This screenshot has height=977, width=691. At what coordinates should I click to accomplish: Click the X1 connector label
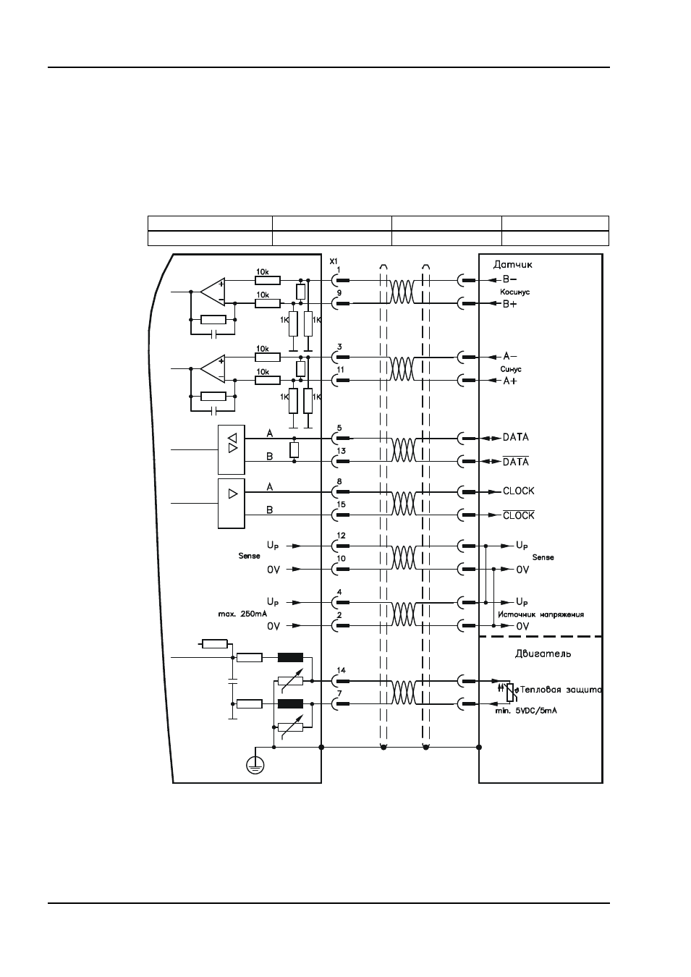(333, 261)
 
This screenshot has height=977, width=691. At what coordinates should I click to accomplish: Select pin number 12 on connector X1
(342, 536)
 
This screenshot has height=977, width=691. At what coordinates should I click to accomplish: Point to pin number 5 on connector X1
(339, 428)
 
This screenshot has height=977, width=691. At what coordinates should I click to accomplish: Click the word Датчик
(513, 265)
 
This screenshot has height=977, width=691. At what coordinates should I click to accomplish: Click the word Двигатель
(543, 654)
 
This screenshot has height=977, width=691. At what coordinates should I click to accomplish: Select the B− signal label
(509, 279)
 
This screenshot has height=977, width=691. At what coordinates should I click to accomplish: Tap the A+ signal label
(509, 381)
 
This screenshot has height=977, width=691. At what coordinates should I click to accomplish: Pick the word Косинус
(515, 292)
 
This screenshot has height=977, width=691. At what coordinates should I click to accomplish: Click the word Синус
(511, 369)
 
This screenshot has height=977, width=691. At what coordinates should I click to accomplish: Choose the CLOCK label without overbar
(518, 491)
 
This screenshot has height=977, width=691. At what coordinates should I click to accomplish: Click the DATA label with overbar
(516, 461)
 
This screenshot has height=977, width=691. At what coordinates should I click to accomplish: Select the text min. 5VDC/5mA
(526, 711)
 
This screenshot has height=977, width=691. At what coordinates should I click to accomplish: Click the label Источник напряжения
(540, 614)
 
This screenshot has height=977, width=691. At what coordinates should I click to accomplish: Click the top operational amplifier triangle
(213, 292)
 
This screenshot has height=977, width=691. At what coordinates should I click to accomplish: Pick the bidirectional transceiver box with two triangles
(231, 449)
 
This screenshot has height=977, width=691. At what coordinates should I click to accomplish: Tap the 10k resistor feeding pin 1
(268, 280)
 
